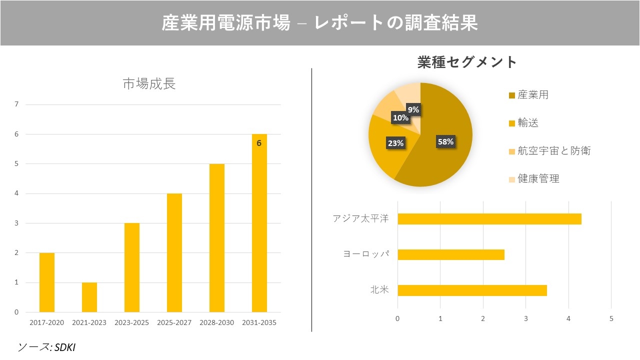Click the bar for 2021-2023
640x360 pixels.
coord(89,297)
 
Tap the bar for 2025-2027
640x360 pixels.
coord(174,252)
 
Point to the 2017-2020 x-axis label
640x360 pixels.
coord(47,322)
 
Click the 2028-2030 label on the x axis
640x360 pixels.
coord(216,322)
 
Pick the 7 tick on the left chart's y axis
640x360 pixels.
coord(17,104)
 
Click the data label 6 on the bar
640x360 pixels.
coord(259,143)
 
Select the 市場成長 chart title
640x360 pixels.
coord(149,84)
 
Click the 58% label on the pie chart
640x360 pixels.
coord(445,141)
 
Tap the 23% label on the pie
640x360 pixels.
coord(395,143)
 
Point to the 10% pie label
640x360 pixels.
coord(400,118)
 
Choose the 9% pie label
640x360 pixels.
coord(413,109)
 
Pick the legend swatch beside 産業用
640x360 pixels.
coord(511,95)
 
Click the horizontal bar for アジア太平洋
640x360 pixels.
coord(489,219)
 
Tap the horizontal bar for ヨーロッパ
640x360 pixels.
coord(451,254)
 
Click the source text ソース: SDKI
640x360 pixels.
coord(46,346)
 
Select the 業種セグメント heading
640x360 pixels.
coord(467,62)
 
